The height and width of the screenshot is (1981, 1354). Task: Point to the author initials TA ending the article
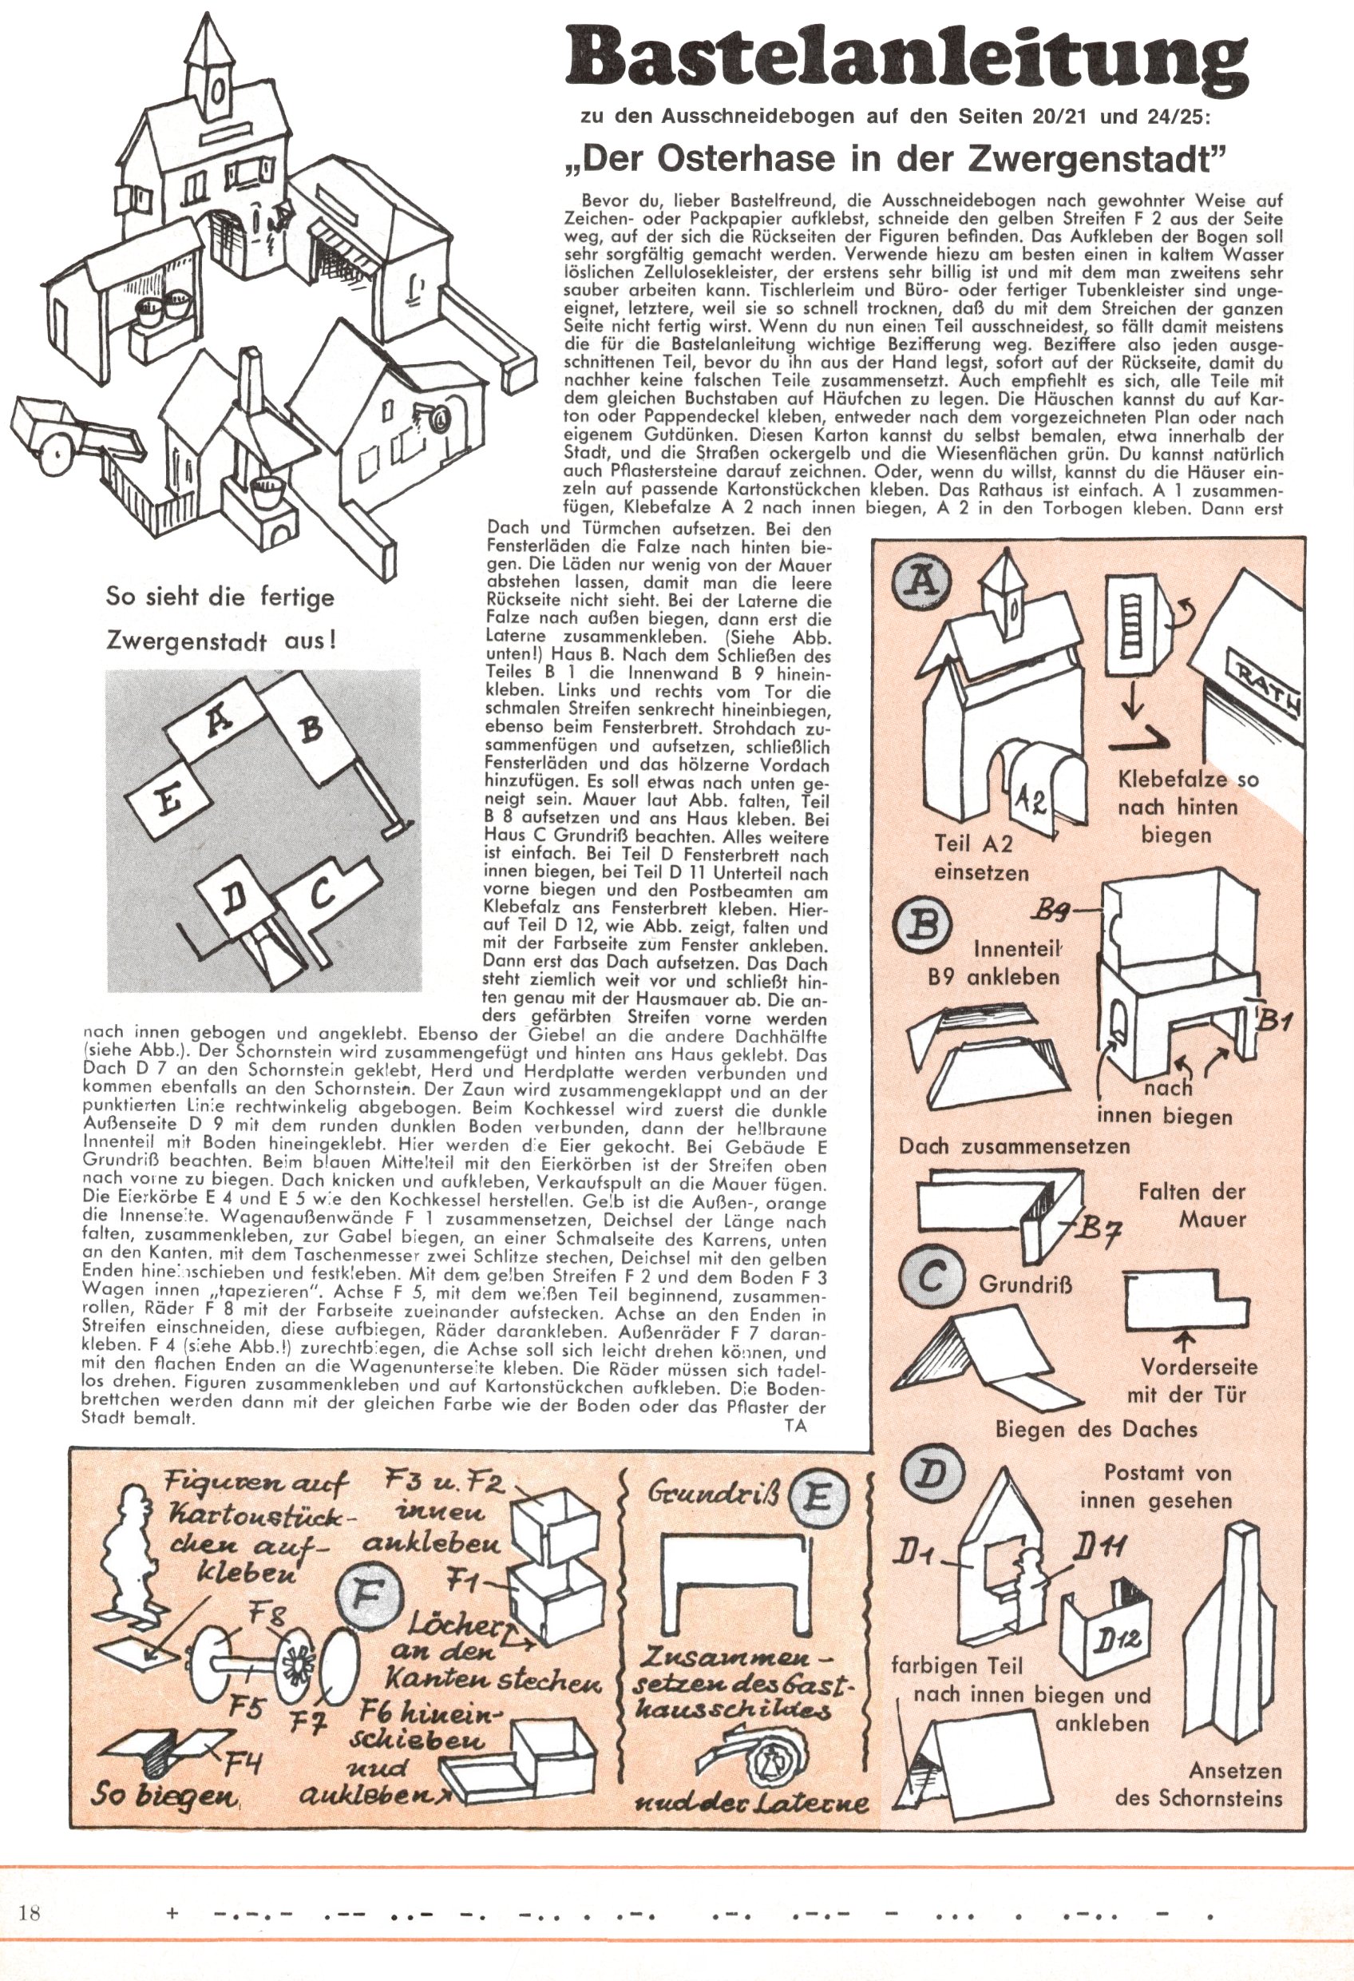pyautogui.click(x=797, y=1422)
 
